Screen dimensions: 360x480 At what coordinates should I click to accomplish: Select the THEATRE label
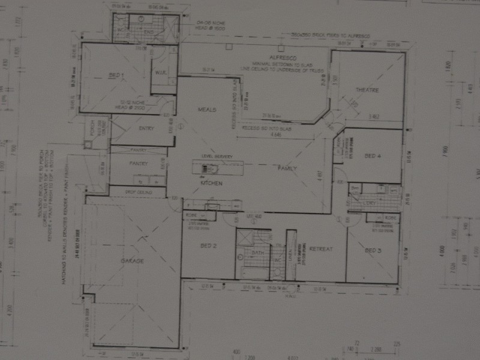click(x=367, y=91)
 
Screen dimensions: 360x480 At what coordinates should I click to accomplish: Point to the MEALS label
click(x=207, y=109)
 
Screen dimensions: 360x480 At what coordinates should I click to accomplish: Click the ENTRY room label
click(x=146, y=128)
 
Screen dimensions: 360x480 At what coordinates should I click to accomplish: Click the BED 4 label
click(x=373, y=156)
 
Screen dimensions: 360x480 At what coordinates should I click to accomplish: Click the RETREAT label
click(x=322, y=248)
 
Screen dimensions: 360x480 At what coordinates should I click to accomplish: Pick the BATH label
click(x=258, y=253)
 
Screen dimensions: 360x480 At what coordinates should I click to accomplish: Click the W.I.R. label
click(x=160, y=74)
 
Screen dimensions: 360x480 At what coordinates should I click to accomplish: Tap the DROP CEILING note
click(x=138, y=192)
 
